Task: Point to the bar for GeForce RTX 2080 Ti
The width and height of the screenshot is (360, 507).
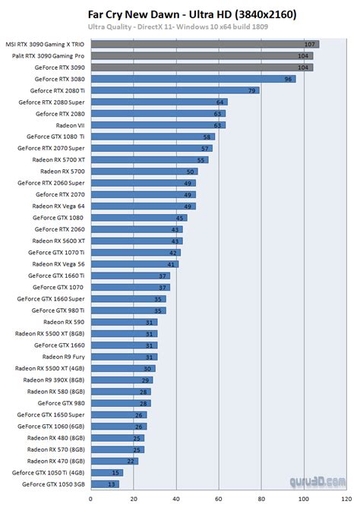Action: coord(174,90)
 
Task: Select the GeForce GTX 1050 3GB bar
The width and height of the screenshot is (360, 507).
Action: coord(104,483)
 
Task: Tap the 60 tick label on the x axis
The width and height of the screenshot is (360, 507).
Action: coord(219,499)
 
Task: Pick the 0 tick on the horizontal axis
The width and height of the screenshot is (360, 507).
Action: coord(91,499)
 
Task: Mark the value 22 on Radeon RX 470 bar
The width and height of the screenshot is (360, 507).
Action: coord(131,461)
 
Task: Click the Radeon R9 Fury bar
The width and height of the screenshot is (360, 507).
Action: coord(124,357)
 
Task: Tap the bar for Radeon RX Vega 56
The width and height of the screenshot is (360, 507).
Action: coord(134,264)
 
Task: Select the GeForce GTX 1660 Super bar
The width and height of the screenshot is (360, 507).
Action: coord(128,299)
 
